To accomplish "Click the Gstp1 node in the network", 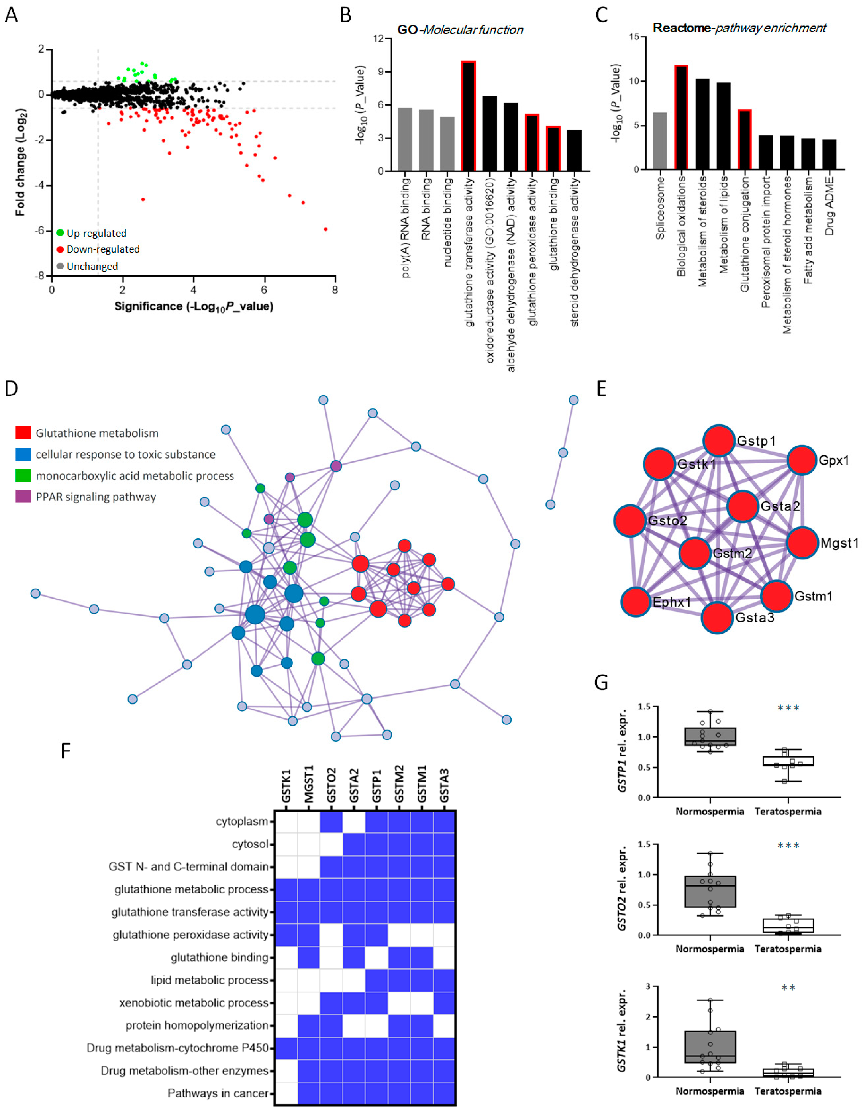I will point(718,441).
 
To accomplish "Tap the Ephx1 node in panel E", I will point(636,602).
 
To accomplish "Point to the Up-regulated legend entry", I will point(91,233).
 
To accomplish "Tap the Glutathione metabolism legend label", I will point(97,433).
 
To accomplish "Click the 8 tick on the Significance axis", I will point(335,290).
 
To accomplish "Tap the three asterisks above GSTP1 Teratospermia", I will point(788,708).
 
